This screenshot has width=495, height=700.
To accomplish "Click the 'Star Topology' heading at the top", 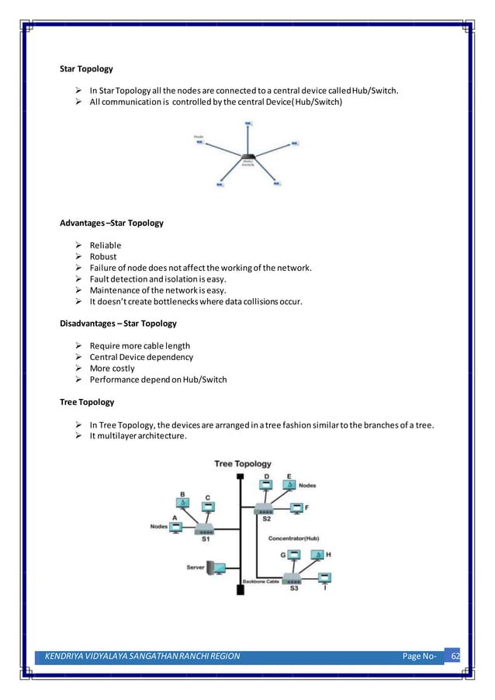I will coord(86,69).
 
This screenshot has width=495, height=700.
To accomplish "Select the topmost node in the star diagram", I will coord(247,123).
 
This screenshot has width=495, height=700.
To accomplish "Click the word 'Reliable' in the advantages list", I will coord(106,245).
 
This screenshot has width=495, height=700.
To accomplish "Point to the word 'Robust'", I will coord(103,256).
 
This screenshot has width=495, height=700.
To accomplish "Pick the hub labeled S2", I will coord(265,510).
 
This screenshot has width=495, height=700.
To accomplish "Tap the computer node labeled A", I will coord(176,527).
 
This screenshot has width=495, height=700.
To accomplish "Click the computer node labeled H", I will coord(317,555).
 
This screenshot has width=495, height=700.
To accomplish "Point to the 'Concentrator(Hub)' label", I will coord(293,538).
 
